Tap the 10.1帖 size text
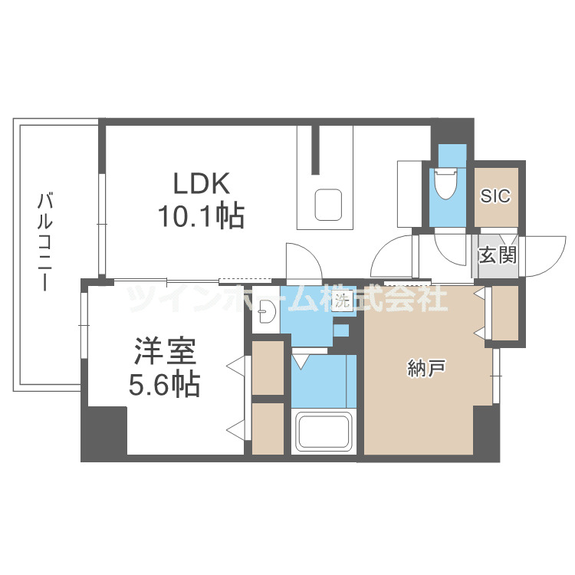[201, 217]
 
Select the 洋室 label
[165, 350]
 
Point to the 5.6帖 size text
[165, 384]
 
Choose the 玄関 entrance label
[497, 255]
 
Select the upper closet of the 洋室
[268, 365]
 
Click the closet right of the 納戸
[505, 312]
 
